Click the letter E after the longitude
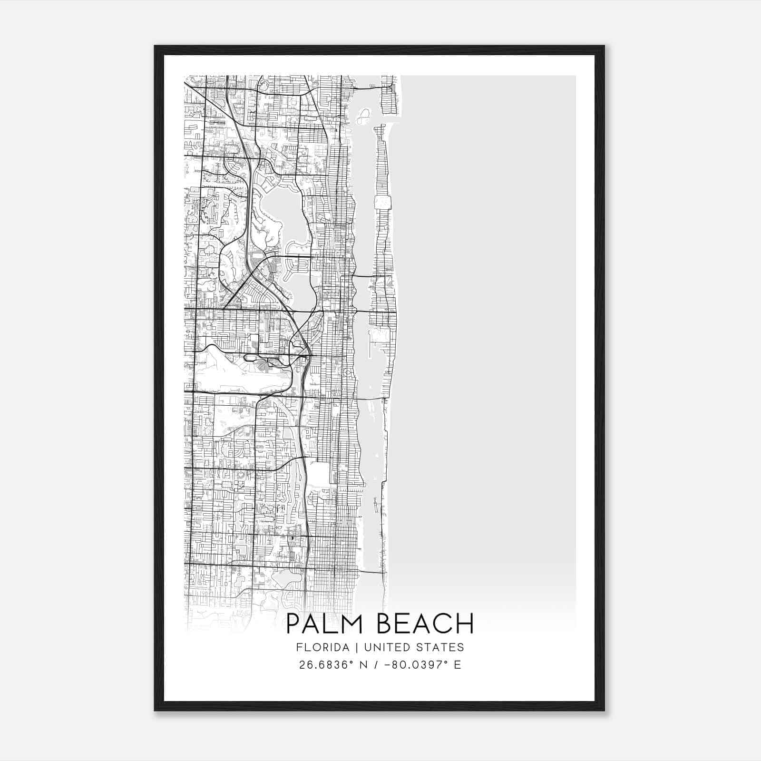tap(458, 665)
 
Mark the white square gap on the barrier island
tap(383, 202)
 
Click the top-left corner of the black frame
tap(156, 47)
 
